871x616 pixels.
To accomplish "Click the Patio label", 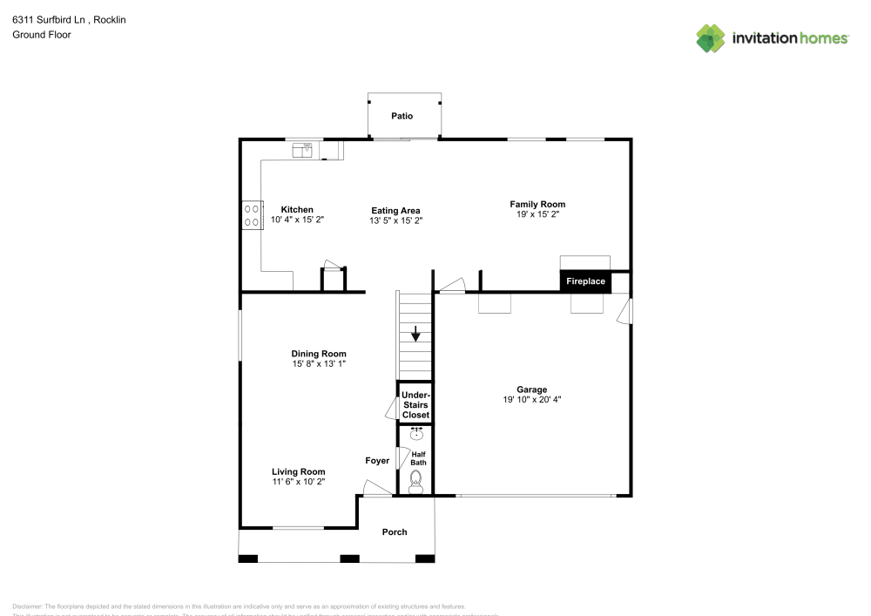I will point(402,116).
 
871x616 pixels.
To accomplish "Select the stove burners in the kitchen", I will point(252,215).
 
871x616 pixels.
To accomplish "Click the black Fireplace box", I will point(585,281).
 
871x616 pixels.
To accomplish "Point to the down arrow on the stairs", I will point(415,333).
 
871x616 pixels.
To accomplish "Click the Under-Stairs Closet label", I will point(415,405).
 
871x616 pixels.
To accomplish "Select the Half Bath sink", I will point(416,434).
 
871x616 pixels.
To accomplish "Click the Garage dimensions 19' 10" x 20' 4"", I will point(531,400).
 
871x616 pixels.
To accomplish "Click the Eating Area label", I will point(396,210).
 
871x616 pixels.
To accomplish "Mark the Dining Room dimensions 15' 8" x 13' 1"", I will point(321,363).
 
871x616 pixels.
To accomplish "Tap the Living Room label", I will point(298,471).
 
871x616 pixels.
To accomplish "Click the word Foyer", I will point(377,460).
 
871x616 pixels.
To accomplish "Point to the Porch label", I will point(395,531).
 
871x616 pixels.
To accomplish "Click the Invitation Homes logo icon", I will point(711,37).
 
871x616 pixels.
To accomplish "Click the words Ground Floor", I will point(42,35).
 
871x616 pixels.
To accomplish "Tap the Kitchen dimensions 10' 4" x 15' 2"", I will point(297,220).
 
